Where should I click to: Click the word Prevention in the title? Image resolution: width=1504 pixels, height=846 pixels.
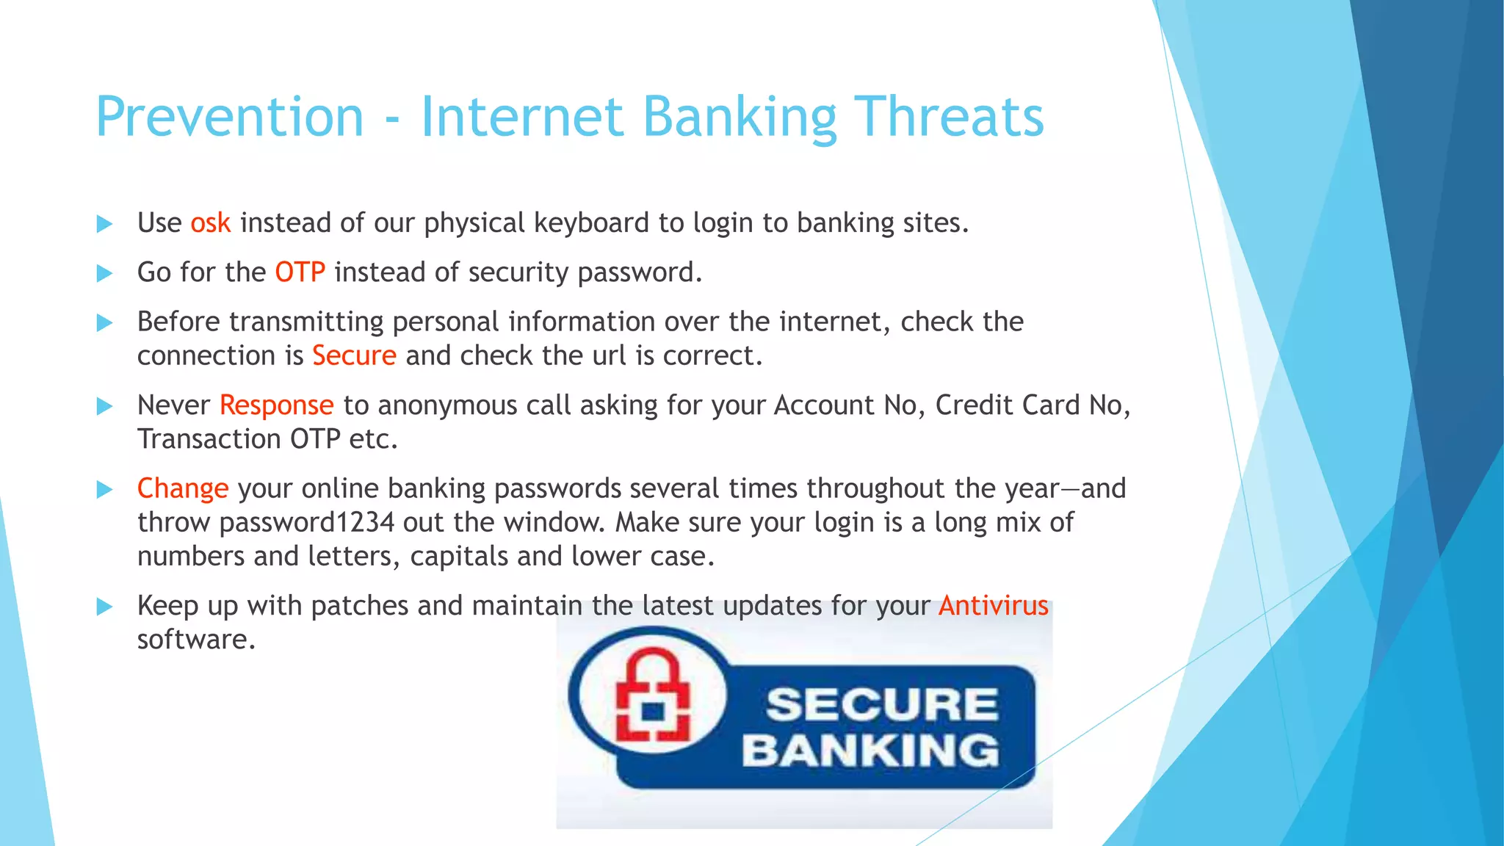(230, 117)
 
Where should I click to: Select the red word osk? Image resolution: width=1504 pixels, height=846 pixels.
(211, 223)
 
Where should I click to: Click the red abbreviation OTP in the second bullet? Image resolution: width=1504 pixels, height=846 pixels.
(300, 272)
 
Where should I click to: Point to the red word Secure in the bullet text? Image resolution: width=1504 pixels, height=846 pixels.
(354, 356)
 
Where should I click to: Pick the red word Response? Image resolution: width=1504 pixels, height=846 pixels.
(276, 405)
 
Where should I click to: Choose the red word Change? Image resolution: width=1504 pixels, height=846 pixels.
(183, 489)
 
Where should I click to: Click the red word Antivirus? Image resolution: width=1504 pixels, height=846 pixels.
(993, 606)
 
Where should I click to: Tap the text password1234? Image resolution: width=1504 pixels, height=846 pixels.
(307, 523)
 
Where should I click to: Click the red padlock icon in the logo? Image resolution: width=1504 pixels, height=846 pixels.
(652, 696)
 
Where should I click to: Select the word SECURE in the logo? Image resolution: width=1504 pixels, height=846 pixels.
(882, 704)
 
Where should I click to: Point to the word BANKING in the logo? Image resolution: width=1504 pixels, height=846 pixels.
(871, 751)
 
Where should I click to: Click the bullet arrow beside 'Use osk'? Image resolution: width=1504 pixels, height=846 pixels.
(105, 224)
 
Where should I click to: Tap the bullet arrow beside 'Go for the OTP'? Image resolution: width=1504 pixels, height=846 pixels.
(105, 273)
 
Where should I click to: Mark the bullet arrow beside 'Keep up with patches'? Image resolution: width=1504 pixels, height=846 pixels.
(105, 607)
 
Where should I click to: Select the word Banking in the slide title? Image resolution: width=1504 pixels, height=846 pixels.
(740, 117)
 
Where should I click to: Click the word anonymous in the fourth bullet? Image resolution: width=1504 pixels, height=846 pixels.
(447, 405)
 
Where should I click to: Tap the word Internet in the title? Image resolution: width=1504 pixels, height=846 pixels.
(522, 117)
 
